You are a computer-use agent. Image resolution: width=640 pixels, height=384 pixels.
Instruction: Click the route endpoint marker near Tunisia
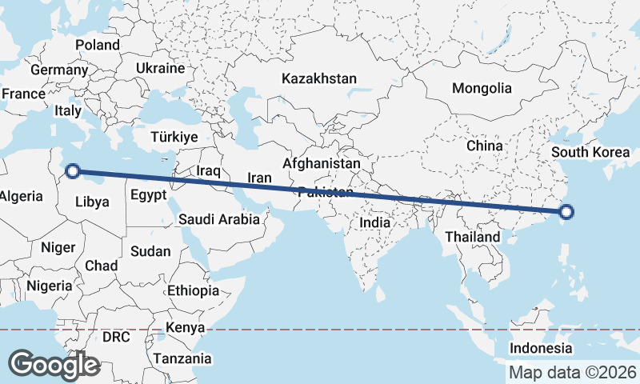(72, 170)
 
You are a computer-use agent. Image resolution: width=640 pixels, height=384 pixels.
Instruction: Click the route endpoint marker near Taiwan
(566, 212)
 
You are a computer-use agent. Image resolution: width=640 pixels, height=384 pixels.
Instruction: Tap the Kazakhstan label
(318, 78)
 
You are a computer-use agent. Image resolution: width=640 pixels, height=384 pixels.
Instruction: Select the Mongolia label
(481, 88)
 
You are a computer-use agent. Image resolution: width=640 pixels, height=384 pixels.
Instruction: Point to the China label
(484, 146)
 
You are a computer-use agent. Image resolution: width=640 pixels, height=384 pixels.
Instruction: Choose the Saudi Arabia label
(218, 218)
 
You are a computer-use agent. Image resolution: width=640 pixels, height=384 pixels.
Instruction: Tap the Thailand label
(473, 237)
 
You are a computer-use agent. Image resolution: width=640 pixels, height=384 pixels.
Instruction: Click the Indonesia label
(541, 348)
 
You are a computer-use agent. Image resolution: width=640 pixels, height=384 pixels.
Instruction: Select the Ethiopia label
(193, 290)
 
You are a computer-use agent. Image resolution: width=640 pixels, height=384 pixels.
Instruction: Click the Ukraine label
(160, 69)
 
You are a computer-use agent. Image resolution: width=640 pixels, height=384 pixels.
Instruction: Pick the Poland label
(97, 45)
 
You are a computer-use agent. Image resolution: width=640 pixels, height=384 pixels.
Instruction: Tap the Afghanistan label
(321, 162)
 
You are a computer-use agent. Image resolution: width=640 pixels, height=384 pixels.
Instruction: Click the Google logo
(54, 364)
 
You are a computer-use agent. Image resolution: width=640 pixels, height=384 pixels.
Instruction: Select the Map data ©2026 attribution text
(573, 372)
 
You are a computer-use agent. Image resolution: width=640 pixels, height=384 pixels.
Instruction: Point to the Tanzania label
(182, 358)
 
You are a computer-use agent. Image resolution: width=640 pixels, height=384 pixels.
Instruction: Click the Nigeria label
(49, 285)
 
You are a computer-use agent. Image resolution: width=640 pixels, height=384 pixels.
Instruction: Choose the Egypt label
(148, 194)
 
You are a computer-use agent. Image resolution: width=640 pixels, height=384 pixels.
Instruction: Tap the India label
(375, 222)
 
